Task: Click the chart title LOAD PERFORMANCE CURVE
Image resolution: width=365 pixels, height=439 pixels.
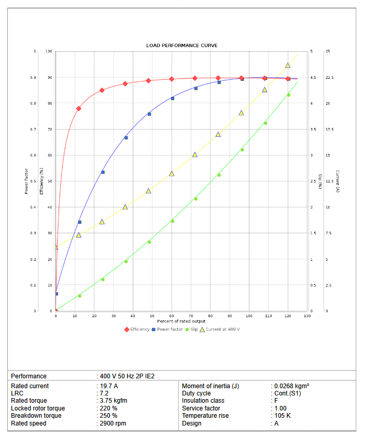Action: point(181,46)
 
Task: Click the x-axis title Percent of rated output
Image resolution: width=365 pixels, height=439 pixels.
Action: point(181,321)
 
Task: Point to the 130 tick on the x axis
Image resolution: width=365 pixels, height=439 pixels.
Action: point(307,316)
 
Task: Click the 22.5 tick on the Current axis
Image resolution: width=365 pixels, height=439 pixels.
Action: point(329,78)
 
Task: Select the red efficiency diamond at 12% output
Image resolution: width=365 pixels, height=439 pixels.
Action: point(79,108)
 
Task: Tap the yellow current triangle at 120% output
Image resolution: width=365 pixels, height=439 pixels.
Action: point(288,65)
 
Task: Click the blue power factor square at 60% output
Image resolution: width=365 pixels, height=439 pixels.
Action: point(173,98)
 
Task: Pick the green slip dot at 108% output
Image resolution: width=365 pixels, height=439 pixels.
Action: point(265,123)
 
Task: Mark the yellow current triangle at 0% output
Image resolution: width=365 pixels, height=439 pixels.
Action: point(56,247)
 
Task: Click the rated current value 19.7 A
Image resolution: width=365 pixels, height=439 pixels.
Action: point(108,386)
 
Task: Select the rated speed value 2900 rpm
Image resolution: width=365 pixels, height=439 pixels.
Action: point(113,423)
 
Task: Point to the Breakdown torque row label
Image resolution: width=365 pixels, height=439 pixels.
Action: point(36,416)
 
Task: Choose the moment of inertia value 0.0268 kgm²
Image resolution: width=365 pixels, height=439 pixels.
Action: point(292,386)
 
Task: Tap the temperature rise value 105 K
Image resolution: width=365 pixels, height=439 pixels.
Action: point(283,416)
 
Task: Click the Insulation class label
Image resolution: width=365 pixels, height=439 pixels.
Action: point(203,401)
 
